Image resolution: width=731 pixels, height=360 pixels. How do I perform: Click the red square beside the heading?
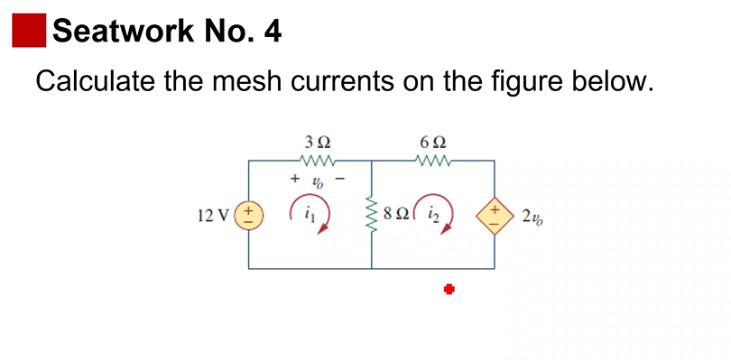tap(28, 31)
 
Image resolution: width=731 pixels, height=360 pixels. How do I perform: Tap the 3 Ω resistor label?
tap(318, 143)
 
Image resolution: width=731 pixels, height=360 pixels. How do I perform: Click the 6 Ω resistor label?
tap(433, 143)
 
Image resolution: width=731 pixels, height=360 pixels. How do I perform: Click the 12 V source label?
tap(212, 216)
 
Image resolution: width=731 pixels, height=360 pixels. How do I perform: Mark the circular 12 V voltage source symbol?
tap(248, 216)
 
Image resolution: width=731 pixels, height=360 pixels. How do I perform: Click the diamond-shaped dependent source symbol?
tap(495, 216)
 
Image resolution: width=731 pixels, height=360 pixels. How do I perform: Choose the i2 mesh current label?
tap(432, 215)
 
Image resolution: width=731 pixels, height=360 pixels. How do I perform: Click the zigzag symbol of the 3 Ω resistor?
tap(318, 162)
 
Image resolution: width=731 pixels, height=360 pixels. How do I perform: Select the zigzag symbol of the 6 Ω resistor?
tap(433, 162)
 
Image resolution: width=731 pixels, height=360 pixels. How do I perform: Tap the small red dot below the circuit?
tap(448, 289)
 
